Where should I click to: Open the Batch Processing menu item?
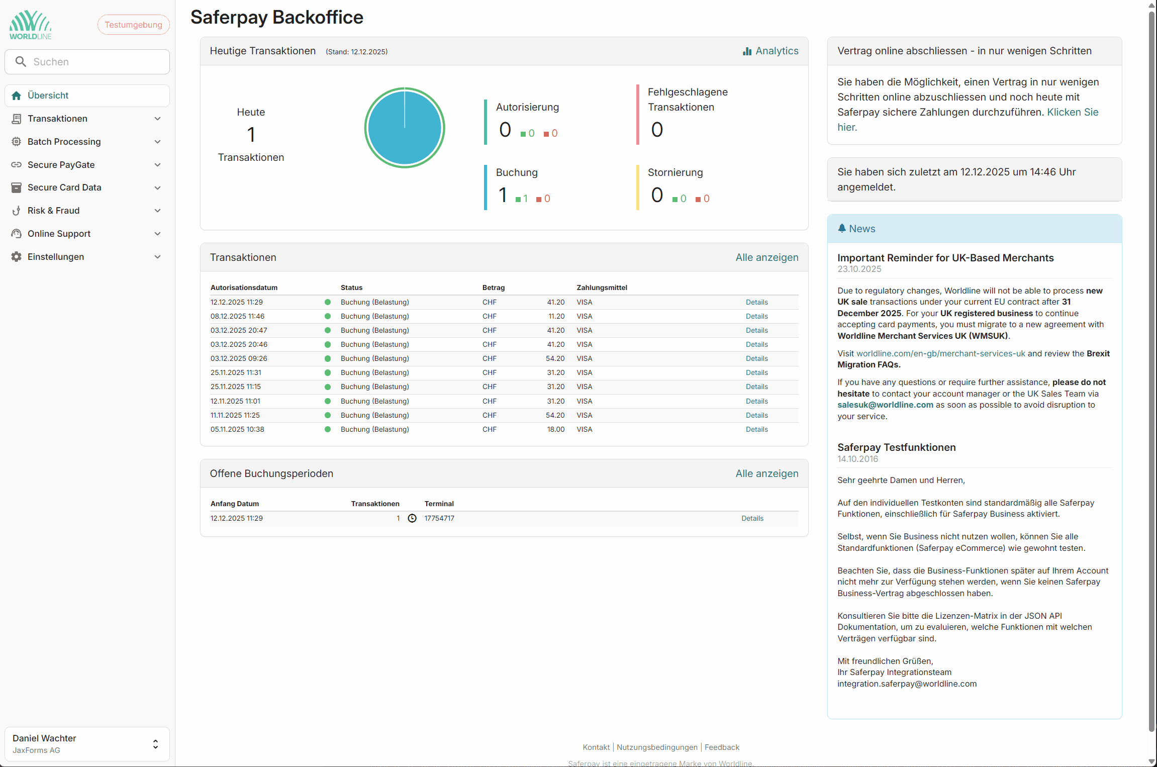click(64, 142)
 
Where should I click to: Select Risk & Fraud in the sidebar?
click(53, 211)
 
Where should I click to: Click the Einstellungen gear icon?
click(17, 257)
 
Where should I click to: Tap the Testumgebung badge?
click(133, 25)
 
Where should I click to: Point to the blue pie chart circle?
click(404, 128)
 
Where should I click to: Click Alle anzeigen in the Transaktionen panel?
click(766, 257)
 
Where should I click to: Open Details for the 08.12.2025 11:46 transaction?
click(756, 316)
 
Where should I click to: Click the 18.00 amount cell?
click(555, 429)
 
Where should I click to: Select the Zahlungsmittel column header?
click(602, 287)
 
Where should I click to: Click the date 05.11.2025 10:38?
click(237, 429)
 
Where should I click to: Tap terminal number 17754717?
click(439, 518)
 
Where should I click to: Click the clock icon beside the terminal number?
click(412, 518)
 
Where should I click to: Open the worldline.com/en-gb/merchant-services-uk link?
click(940, 353)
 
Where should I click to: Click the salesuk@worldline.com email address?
click(885, 405)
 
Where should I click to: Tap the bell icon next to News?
click(842, 228)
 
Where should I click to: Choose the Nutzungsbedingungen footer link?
click(657, 747)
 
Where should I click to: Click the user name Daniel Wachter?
click(44, 738)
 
